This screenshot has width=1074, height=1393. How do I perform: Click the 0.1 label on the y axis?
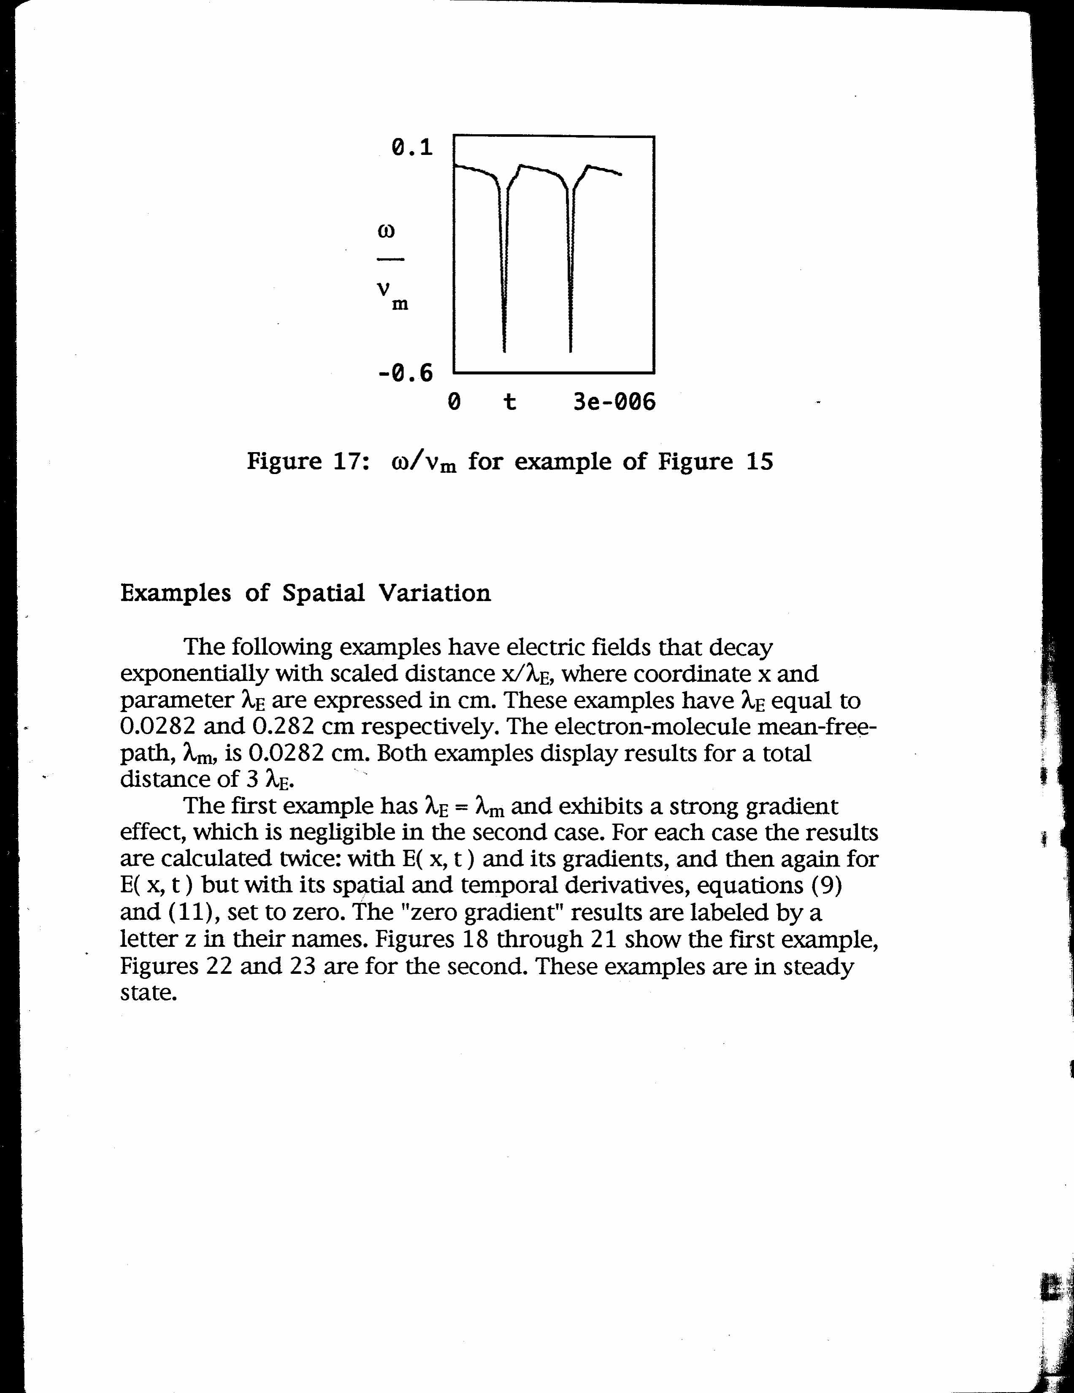pyautogui.click(x=412, y=148)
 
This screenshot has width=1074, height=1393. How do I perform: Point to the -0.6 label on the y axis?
pyautogui.click(x=406, y=373)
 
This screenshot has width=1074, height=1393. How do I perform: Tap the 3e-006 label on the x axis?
pyautogui.click(x=614, y=402)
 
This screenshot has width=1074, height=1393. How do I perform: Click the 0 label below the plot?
pyautogui.click(x=454, y=402)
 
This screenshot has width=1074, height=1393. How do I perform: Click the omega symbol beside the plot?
pyautogui.click(x=387, y=231)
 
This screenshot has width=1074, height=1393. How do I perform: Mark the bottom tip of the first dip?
pyautogui.click(x=504, y=351)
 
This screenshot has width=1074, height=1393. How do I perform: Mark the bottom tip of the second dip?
pyautogui.click(x=570, y=351)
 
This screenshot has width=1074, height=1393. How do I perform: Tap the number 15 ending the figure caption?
pyautogui.click(x=759, y=461)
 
